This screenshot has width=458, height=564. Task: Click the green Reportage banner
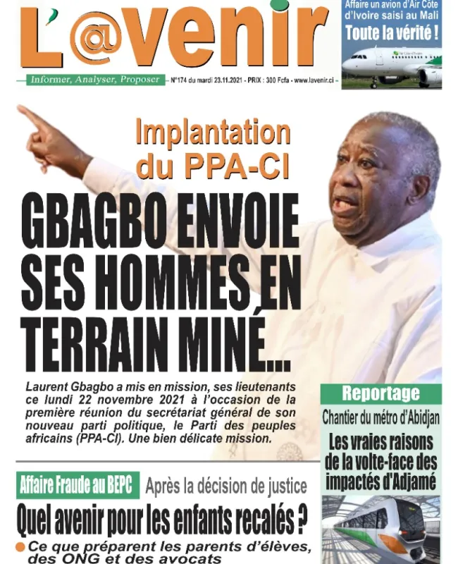pos(380,393)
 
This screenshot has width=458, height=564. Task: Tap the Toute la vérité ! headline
pos(392,32)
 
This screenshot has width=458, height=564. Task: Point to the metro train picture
pos(380,529)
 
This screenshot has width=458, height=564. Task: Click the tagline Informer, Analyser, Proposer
pos(94,80)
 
